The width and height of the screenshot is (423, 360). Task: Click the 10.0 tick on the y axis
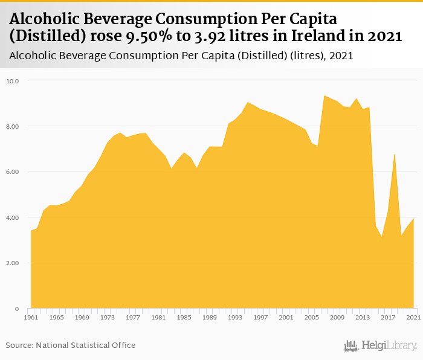[x=13, y=80]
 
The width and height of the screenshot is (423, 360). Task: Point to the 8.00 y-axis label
[x=13, y=126]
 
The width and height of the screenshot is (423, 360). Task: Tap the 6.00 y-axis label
[x=13, y=172]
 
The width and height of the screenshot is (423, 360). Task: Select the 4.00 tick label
[x=13, y=217]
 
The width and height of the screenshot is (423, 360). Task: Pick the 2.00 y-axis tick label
[x=13, y=263]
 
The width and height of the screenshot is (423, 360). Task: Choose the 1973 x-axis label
[x=107, y=317]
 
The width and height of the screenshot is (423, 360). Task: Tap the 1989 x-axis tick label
[x=209, y=317]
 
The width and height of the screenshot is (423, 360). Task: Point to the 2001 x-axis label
[x=286, y=317]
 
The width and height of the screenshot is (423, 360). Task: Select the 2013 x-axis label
[x=363, y=317]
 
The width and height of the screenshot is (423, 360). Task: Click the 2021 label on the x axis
[x=413, y=317]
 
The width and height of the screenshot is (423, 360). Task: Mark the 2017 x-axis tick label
[x=388, y=317]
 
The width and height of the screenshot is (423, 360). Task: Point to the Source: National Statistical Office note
[x=71, y=345]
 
